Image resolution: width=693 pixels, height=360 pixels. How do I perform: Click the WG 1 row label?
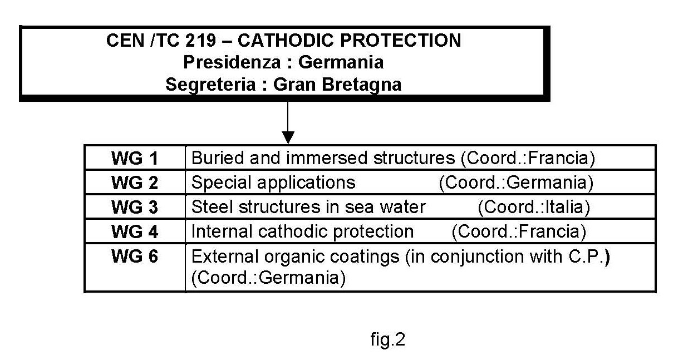tap(135, 159)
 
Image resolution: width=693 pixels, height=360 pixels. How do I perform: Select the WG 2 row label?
tap(135, 183)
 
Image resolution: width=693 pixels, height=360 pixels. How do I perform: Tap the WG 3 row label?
tap(135, 207)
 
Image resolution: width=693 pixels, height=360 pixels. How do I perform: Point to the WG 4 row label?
tap(135, 231)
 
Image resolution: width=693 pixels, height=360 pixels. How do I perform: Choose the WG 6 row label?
tap(135, 256)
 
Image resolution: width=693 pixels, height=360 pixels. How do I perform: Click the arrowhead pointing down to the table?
tap(288, 137)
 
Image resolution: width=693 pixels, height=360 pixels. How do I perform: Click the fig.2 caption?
tap(387, 340)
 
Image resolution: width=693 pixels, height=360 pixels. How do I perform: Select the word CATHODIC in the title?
tap(285, 40)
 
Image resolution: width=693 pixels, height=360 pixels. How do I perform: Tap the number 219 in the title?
tap(200, 40)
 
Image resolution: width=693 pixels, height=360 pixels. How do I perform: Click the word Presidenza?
tap(232, 62)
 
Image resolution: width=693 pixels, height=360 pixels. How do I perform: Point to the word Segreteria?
tap(211, 85)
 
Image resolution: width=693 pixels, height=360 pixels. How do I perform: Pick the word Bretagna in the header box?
tap(362, 85)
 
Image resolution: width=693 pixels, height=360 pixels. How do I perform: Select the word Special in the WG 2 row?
tap(221, 183)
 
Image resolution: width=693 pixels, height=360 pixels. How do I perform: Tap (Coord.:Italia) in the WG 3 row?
tap(534, 207)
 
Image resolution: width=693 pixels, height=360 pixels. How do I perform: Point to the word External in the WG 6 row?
tap(225, 257)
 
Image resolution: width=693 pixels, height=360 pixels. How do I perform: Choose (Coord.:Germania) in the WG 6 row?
tap(268, 278)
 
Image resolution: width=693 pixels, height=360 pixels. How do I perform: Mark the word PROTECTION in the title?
tap(401, 40)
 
